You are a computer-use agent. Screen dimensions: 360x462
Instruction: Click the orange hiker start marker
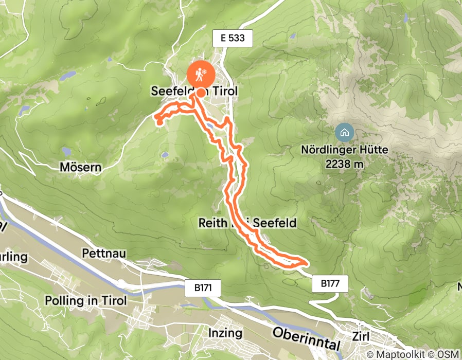coord(199,75)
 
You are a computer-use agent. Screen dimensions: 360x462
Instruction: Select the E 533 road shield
coord(233,38)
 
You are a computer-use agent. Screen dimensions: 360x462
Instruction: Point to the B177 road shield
coord(330,283)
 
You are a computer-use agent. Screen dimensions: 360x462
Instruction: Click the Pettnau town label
coord(103,254)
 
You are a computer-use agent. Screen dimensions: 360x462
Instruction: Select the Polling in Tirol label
coord(85,301)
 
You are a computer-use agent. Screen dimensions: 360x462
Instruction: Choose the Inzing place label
coord(225,333)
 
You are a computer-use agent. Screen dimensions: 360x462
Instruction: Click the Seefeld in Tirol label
coord(194,91)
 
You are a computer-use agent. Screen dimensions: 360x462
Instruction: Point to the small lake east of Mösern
coord(164,154)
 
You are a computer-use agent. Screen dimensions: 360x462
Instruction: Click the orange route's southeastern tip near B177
coord(306,263)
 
